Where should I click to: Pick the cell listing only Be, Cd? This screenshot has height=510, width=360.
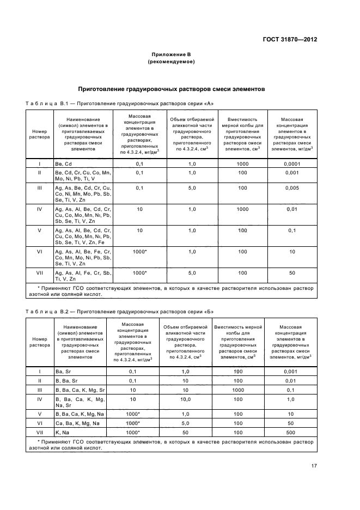click(63, 163)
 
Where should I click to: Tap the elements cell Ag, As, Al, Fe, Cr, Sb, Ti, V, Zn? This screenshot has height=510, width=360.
click(82, 276)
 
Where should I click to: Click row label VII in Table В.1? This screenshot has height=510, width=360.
click(39, 272)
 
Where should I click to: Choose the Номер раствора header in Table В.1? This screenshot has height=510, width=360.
click(39, 134)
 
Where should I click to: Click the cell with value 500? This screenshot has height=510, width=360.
click(291, 432)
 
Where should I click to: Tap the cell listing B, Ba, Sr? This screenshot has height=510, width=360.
click(67, 380)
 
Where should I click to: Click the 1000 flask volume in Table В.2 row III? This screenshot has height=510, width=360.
click(238, 390)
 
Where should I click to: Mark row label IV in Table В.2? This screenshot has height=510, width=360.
click(39, 399)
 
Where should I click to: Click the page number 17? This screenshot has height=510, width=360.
click(314, 466)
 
